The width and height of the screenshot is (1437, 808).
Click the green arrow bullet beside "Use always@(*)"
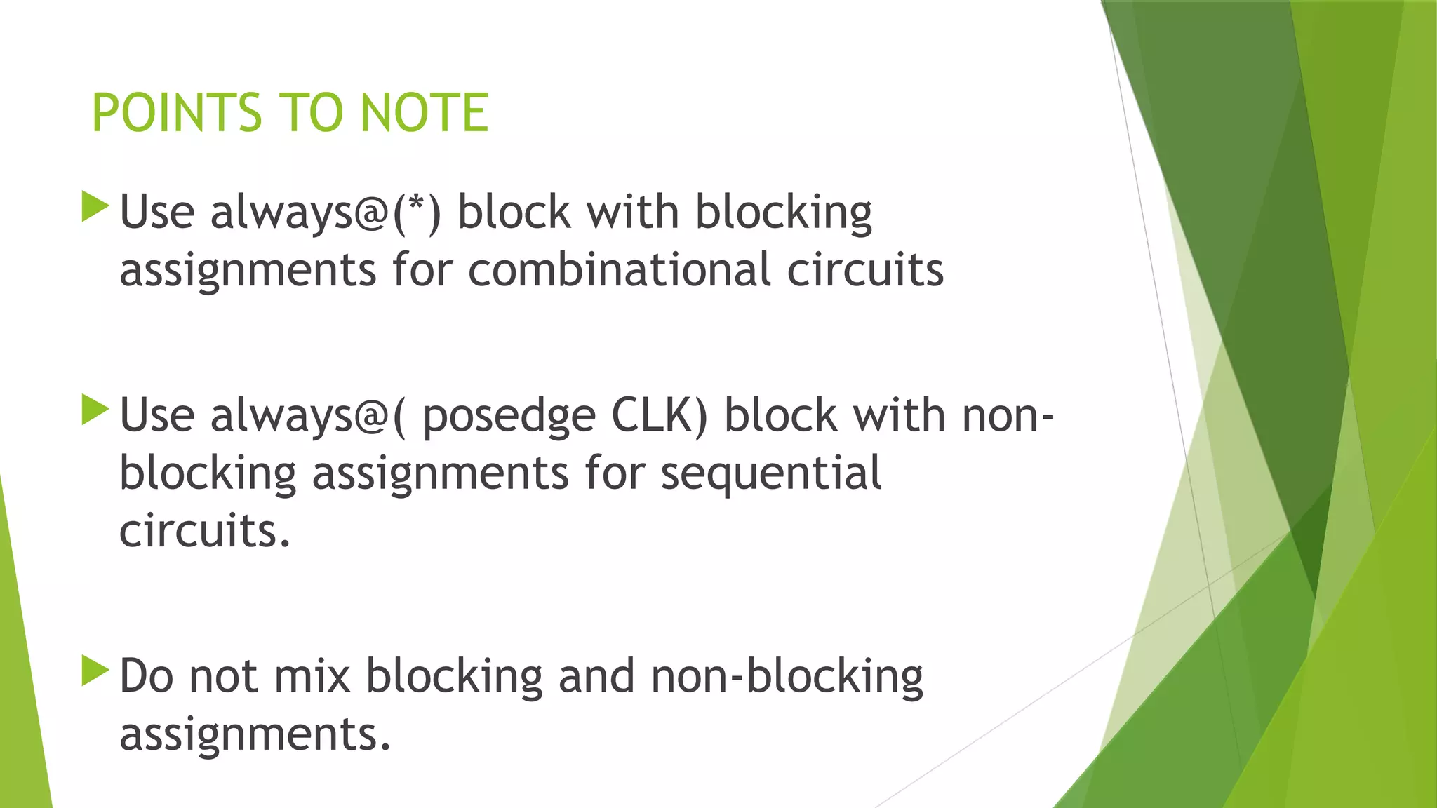(x=95, y=207)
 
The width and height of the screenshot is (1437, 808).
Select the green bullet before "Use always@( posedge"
(x=95, y=410)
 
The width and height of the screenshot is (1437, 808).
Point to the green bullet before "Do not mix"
(x=95, y=671)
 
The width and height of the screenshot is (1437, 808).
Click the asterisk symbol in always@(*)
(x=417, y=203)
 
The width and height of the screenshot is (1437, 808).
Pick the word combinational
(x=619, y=270)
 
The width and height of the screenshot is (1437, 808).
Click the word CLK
(x=654, y=415)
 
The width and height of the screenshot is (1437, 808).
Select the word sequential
(x=771, y=474)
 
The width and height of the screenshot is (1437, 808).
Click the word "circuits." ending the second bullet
(x=204, y=531)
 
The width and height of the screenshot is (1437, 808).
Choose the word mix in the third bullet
(x=312, y=676)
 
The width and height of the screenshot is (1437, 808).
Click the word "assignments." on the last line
(x=255, y=735)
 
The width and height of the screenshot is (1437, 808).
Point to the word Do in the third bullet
(x=146, y=676)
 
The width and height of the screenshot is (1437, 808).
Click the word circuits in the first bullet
(x=864, y=270)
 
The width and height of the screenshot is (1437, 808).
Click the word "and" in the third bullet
(x=596, y=676)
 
